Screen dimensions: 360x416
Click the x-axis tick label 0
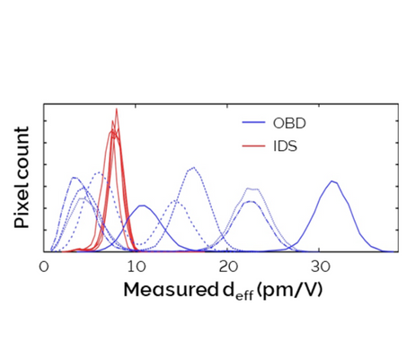(44, 267)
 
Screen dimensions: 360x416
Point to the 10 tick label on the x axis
(136, 267)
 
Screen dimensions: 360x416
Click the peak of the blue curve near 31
(333, 181)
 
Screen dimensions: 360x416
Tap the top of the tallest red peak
(116, 110)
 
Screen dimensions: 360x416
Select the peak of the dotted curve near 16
(192, 168)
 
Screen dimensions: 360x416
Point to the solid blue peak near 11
(142, 206)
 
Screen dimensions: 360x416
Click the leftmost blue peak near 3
(73, 177)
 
